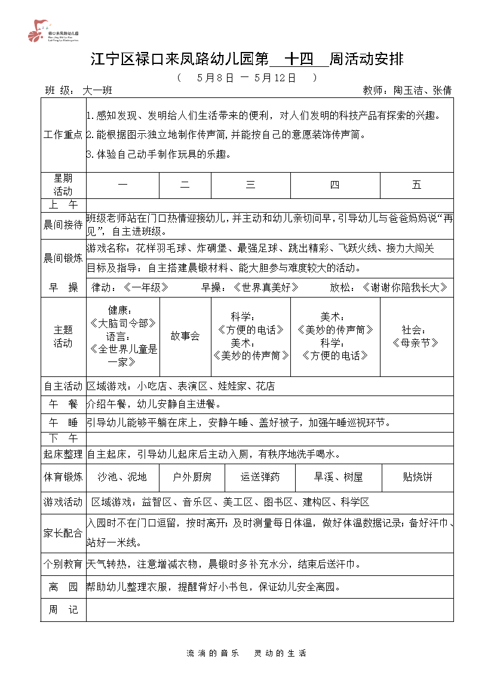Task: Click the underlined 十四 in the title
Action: [x=299, y=59]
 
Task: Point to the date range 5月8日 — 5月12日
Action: [x=246, y=78]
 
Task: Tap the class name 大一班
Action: [x=97, y=91]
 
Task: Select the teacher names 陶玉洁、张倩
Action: [x=422, y=91]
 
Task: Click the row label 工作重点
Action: [x=63, y=135]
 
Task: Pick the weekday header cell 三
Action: [x=250, y=185]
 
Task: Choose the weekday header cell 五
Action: [x=416, y=185]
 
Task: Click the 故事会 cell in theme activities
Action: [x=185, y=336]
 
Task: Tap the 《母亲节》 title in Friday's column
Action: [x=416, y=343]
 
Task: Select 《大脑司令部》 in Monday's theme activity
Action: [x=122, y=323]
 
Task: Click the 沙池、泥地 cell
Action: [x=122, y=477]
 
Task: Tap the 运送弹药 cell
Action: [x=260, y=477]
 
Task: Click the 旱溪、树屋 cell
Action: [x=339, y=477]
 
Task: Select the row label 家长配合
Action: [x=63, y=534]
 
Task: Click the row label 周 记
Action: [x=63, y=610]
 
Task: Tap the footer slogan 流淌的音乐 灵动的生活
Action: [x=247, y=654]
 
